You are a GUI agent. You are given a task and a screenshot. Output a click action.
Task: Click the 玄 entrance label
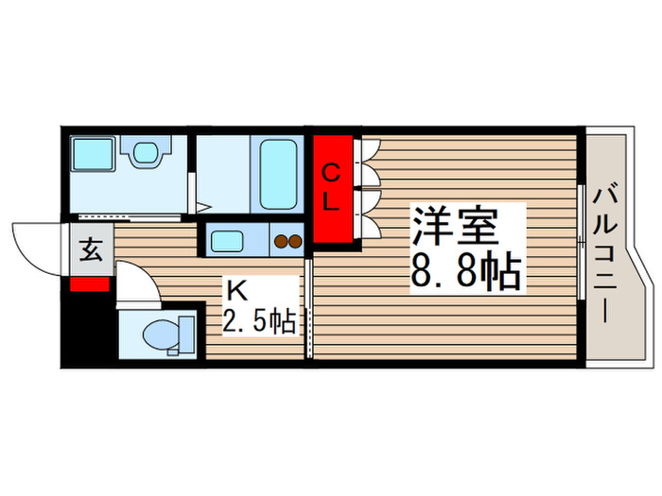pos(91,251)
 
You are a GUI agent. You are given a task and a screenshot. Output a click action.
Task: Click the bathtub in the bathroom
pos(278,175)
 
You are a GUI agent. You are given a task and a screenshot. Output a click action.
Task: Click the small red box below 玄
pos(91,284)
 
